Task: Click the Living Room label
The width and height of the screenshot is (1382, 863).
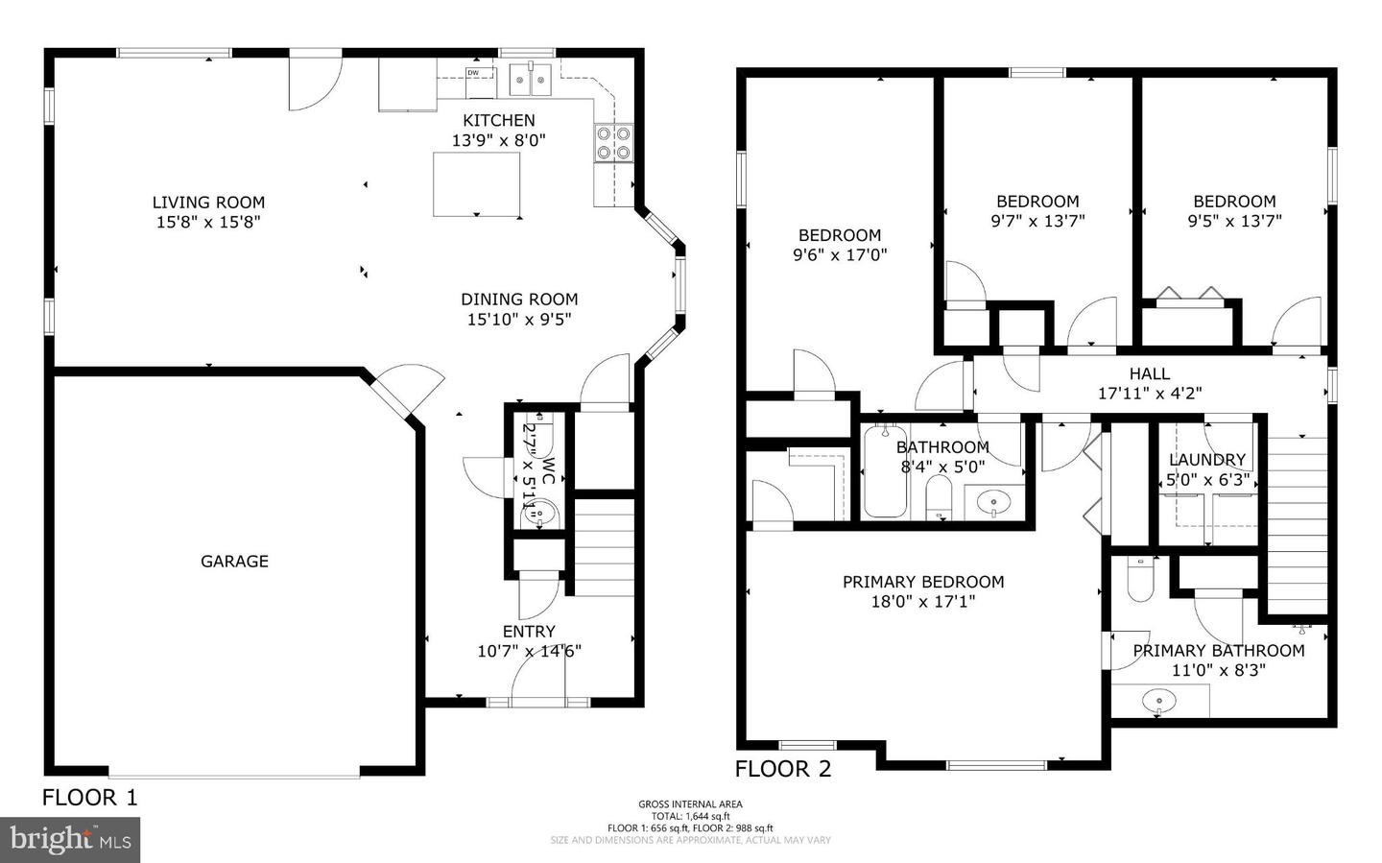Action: coord(208,203)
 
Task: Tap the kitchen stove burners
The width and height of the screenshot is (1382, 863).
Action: coord(613,143)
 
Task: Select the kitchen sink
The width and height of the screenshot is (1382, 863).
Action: coord(529,80)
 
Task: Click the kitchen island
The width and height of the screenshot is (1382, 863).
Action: coord(477,184)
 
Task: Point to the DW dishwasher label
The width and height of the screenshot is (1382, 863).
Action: coord(473,73)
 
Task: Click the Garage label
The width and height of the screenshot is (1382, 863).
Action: coord(234,562)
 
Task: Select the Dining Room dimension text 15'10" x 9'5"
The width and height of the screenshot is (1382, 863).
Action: coord(519,320)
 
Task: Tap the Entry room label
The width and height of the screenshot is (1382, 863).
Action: coord(529,632)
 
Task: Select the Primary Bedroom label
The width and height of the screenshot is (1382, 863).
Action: coord(923,582)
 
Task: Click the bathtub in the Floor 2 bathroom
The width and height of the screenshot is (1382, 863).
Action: coord(885,472)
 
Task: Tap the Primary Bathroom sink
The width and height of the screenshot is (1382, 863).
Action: coord(1158,702)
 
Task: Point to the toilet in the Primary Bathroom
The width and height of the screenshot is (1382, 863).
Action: coord(1140,580)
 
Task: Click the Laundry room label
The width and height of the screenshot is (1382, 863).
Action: coord(1206,460)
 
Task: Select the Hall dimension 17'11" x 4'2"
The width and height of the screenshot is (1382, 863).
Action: coord(1149,394)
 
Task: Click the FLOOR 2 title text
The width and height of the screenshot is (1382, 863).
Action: coord(783,769)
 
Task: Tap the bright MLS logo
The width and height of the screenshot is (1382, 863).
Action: coord(70,840)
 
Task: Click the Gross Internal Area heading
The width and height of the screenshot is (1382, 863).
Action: coord(690,804)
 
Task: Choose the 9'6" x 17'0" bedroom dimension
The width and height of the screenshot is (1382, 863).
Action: coord(840,255)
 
